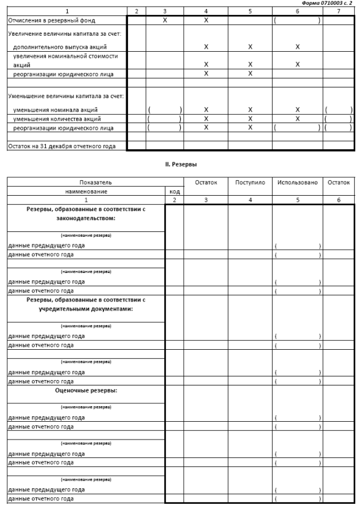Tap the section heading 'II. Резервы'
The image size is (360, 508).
(x=180, y=161)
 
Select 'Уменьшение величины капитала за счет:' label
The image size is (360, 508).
(x=61, y=95)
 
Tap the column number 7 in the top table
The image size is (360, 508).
(x=338, y=11)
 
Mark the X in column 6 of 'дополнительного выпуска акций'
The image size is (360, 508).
(x=297, y=46)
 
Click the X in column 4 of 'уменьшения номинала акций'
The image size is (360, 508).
(x=205, y=110)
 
